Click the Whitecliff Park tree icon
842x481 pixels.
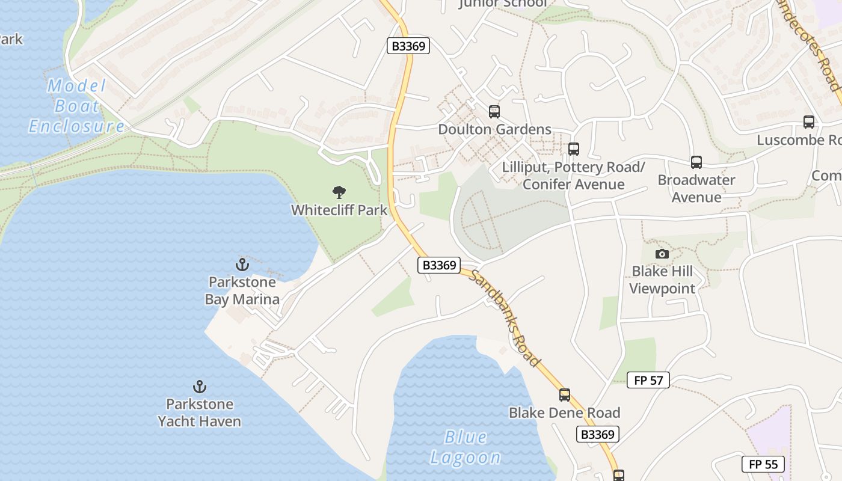[339, 192]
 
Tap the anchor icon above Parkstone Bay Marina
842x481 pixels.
[242, 264]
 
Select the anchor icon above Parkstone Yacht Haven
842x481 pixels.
[199, 386]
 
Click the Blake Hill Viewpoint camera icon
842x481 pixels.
[662, 254]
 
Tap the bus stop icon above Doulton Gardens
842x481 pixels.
[494, 111]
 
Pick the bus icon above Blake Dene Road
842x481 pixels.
[565, 395]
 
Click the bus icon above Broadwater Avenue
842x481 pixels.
[696, 162]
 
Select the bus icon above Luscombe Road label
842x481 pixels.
[809, 122]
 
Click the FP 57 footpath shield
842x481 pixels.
[648, 380]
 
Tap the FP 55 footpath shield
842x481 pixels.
[763, 464]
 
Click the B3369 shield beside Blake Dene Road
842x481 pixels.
[598, 434]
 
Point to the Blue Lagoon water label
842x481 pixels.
[466, 447]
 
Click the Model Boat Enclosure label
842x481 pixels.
[76, 106]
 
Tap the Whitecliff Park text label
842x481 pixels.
[340, 210]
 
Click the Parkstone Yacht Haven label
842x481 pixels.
[200, 412]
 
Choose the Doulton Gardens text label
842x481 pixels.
[494, 129]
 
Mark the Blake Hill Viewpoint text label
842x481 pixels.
[662, 280]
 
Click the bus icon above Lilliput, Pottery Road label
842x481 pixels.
[574, 149]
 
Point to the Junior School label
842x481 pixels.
[503, 4]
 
